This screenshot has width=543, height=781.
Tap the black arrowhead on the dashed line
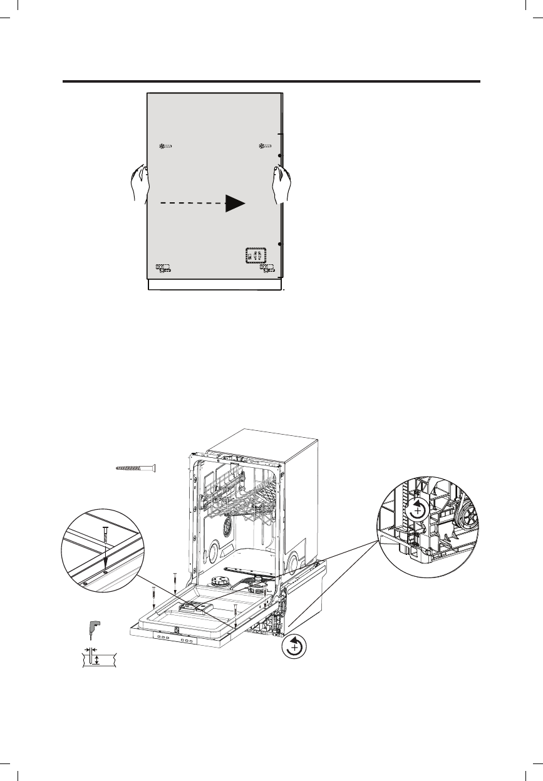235,203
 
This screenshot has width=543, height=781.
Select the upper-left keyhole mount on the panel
166,147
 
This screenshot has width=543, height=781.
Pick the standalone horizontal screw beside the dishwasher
135,468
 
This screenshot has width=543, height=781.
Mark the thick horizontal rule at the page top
271,81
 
